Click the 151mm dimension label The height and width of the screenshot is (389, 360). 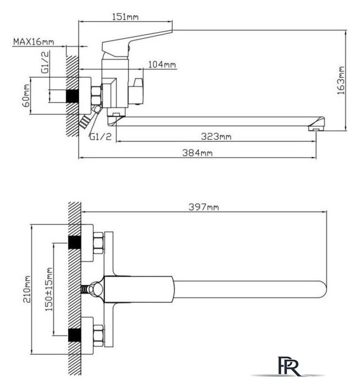pos(125,17)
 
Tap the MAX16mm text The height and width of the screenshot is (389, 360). pos(33,41)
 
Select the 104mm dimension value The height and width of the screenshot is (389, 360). pos(162,64)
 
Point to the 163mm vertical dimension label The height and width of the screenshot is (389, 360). pos(341,80)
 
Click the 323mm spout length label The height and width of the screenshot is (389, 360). pos(216,136)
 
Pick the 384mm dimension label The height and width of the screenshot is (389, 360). pos(198,153)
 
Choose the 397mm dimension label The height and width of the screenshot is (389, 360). pos(204,207)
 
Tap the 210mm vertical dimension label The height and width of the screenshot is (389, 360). pos(27,289)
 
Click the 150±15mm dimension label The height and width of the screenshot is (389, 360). pos(49,289)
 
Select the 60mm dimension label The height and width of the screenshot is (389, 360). pos(26,95)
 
